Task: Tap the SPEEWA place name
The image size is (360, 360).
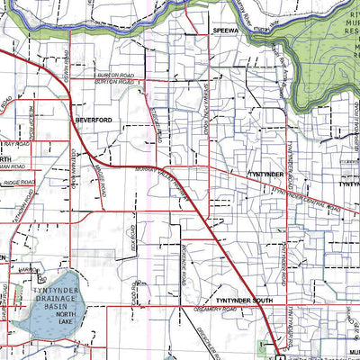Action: (224, 30)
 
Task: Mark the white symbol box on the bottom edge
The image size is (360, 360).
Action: (276, 349)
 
